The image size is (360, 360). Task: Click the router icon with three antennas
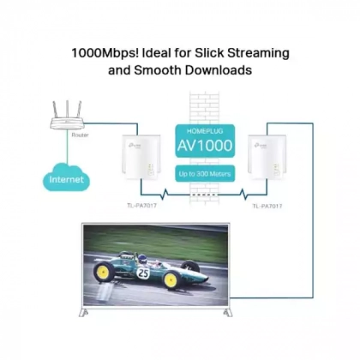click(x=67, y=115)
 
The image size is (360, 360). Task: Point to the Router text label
click(x=80, y=135)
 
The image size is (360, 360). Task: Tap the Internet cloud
click(x=66, y=178)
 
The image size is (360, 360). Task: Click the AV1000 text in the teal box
click(x=205, y=145)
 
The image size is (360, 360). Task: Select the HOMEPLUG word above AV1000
click(x=205, y=131)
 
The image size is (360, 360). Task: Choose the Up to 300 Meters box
click(x=205, y=174)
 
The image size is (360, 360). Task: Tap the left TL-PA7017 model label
click(x=141, y=206)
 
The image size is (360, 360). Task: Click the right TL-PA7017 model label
click(x=267, y=206)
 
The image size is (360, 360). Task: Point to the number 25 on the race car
click(x=143, y=273)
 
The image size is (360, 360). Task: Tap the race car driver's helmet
click(x=142, y=258)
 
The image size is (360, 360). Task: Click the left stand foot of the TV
click(x=83, y=312)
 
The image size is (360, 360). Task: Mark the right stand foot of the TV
click(x=228, y=312)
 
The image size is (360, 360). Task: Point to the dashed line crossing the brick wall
click(x=205, y=195)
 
